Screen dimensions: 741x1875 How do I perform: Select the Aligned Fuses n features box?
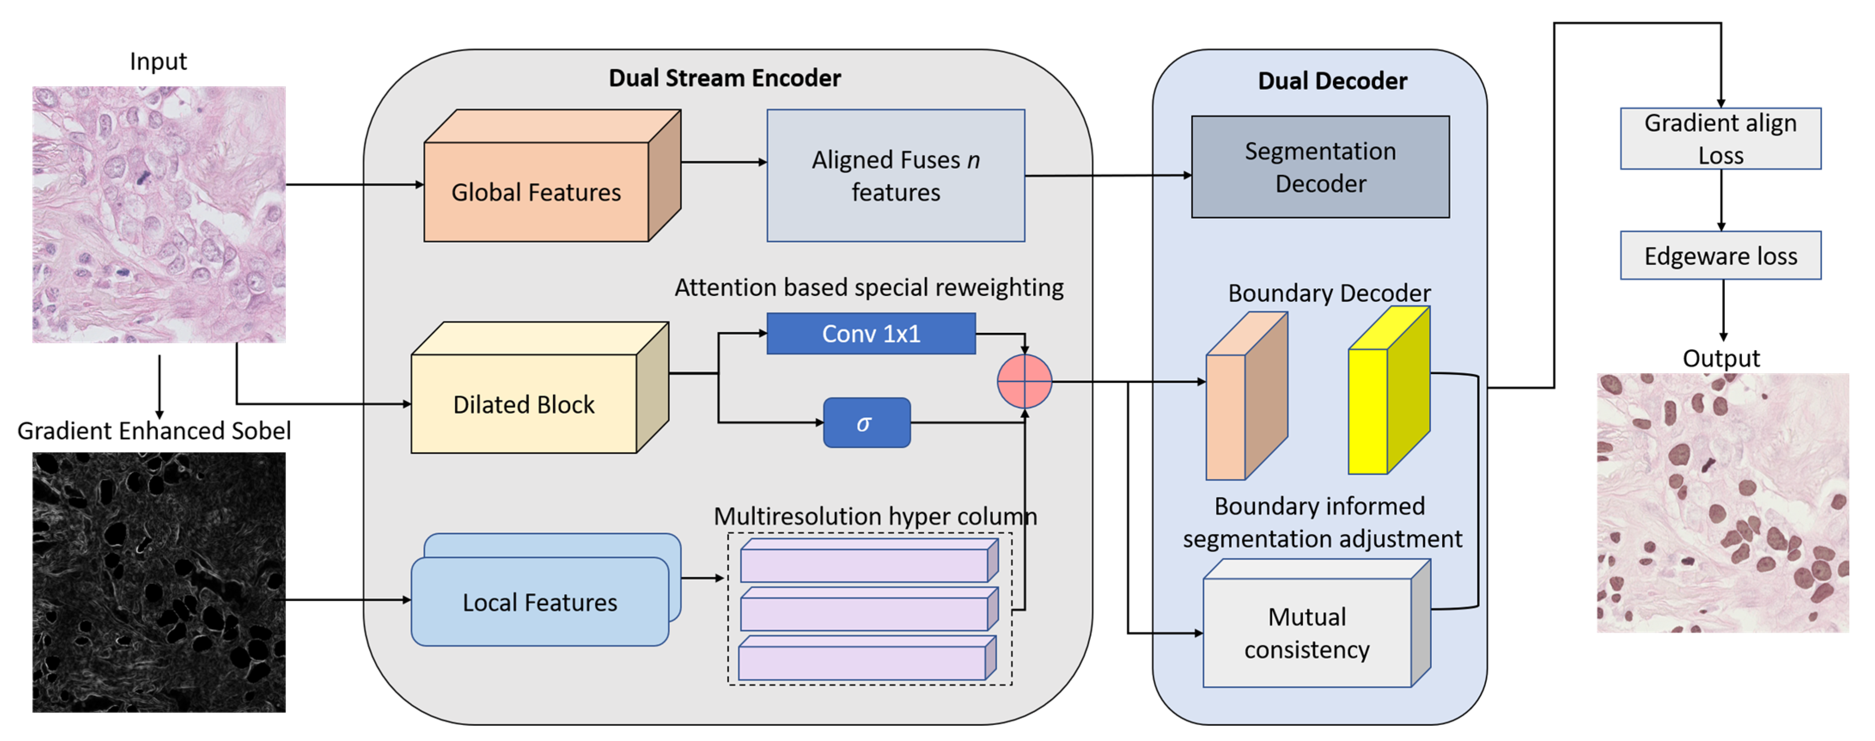click(x=895, y=175)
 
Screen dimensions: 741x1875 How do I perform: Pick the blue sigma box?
click(x=866, y=423)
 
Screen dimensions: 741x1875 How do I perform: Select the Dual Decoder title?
click(x=1332, y=81)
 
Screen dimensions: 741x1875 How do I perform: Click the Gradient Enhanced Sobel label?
click(x=154, y=430)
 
